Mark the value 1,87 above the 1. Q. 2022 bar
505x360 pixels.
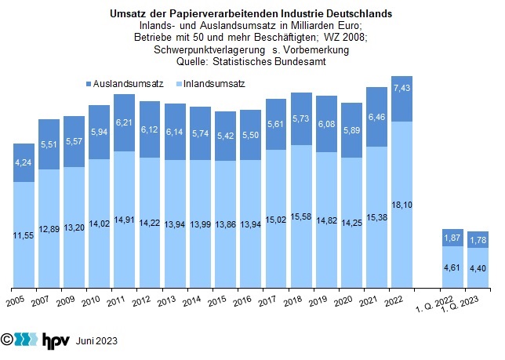(x=452, y=238)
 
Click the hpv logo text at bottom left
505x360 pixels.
(x=55, y=340)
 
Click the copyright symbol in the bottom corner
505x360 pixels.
(x=8, y=340)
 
